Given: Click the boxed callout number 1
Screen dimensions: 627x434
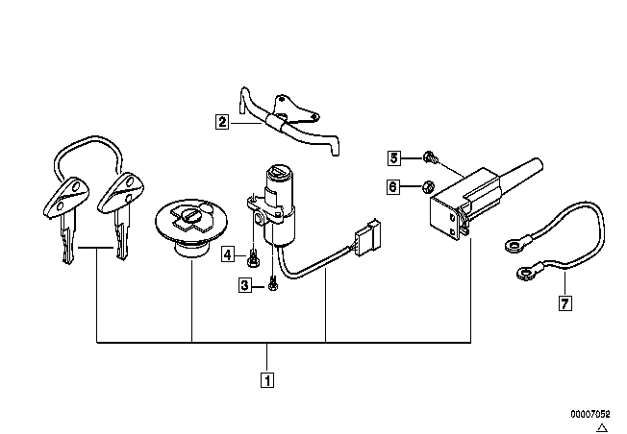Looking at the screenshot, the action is coord(267,379).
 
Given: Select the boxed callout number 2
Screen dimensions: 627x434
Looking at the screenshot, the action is coord(222,121).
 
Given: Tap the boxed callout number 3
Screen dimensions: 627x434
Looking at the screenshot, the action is coord(244,285).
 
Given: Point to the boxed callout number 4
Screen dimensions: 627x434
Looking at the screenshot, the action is coord(228,253).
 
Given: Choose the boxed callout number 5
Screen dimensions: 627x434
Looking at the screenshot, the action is coord(394,157).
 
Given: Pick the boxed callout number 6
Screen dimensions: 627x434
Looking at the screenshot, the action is coord(393,186).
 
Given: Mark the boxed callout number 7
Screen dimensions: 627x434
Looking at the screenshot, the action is coord(564,303).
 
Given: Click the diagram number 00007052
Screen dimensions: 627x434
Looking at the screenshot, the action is coord(590,414).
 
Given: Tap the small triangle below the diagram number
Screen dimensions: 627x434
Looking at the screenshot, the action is coord(602,427).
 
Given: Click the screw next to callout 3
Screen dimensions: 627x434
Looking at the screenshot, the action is coord(273,283).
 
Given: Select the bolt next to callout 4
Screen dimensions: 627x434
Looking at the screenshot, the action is coord(252,258).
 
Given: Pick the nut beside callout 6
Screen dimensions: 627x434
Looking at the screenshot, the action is coord(428,186).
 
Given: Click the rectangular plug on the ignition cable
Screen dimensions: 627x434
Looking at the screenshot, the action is coord(366,237).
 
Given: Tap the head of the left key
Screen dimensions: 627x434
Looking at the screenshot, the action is coord(65,198).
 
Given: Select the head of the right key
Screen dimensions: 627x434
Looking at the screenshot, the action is coord(121,192).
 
